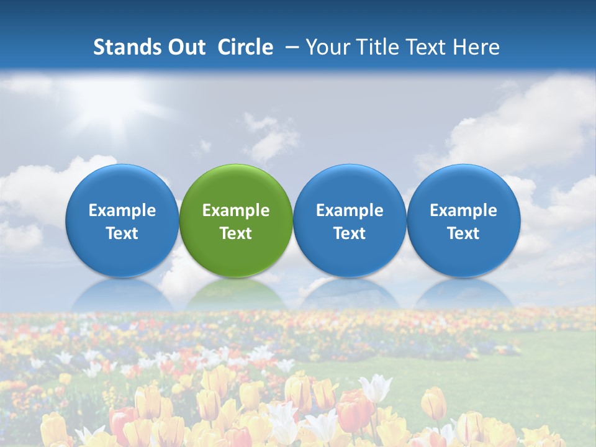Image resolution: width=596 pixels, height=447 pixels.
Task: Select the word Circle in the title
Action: coord(245,47)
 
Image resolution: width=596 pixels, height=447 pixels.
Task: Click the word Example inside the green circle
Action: coord(236,210)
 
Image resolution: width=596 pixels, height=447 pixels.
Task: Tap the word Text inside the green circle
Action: coord(236,233)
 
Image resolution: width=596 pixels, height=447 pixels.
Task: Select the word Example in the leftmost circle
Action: coord(122,210)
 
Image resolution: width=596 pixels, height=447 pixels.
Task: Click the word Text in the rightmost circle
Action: coord(464,233)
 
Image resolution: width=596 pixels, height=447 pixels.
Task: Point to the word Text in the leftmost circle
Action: coord(122,233)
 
